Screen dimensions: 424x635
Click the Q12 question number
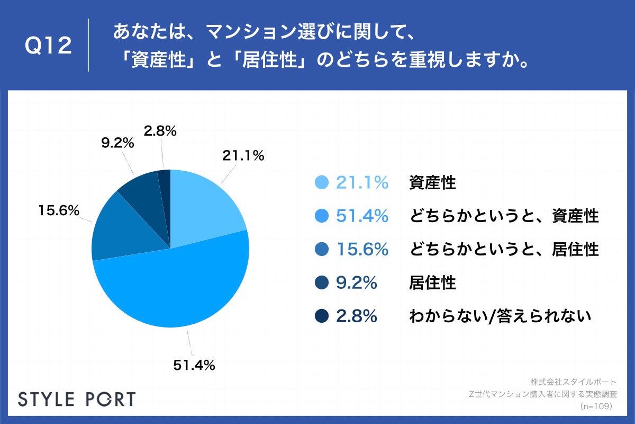coord(48,46)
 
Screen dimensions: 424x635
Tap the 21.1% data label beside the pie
coord(243,156)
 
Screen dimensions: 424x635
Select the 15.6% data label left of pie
coord(58,210)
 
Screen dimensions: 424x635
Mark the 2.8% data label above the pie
coord(159,130)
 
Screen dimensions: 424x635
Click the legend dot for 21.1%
coord(322,183)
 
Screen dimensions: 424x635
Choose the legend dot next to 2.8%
coord(322,316)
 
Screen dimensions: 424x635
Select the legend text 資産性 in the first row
coord(432,183)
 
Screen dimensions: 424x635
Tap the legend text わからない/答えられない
coord(500,316)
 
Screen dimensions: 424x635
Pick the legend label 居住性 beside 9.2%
coord(432,283)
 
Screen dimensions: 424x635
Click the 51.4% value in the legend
coord(362,216)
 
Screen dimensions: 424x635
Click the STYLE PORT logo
coord(77,399)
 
